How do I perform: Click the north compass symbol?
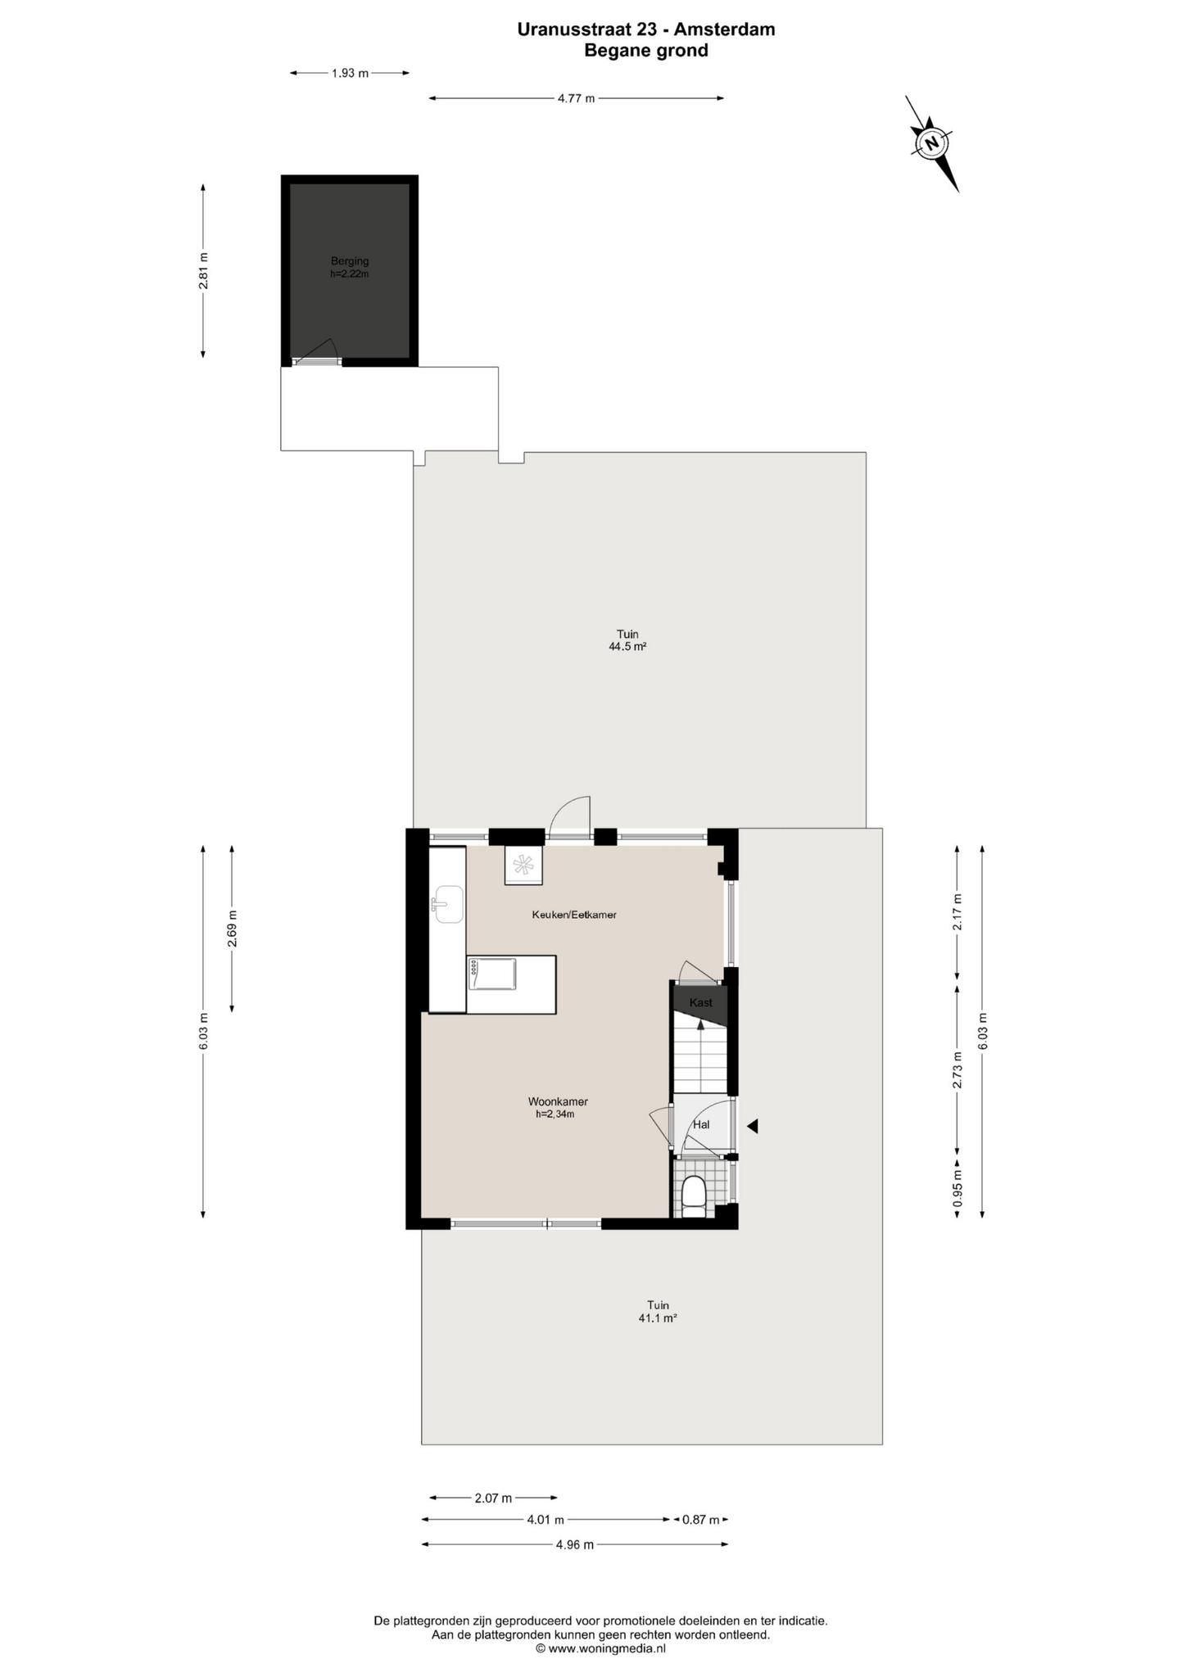[931, 143]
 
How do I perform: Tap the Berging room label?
[350, 261]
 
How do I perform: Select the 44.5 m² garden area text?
[627, 646]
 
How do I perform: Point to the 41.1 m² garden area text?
[658, 1318]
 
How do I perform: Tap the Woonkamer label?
[558, 1101]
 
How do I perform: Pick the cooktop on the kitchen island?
[492, 974]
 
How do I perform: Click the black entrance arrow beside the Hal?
[752, 1127]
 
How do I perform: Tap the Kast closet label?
[701, 1002]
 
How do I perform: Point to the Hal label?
[701, 1124]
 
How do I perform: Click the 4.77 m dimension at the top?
[577, 98]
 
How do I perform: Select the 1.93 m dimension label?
[350, 73]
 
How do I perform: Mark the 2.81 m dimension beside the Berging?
[203, 270]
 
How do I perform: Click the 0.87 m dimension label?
[701, 1520]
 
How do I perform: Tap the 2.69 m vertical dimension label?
[232, 929]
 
